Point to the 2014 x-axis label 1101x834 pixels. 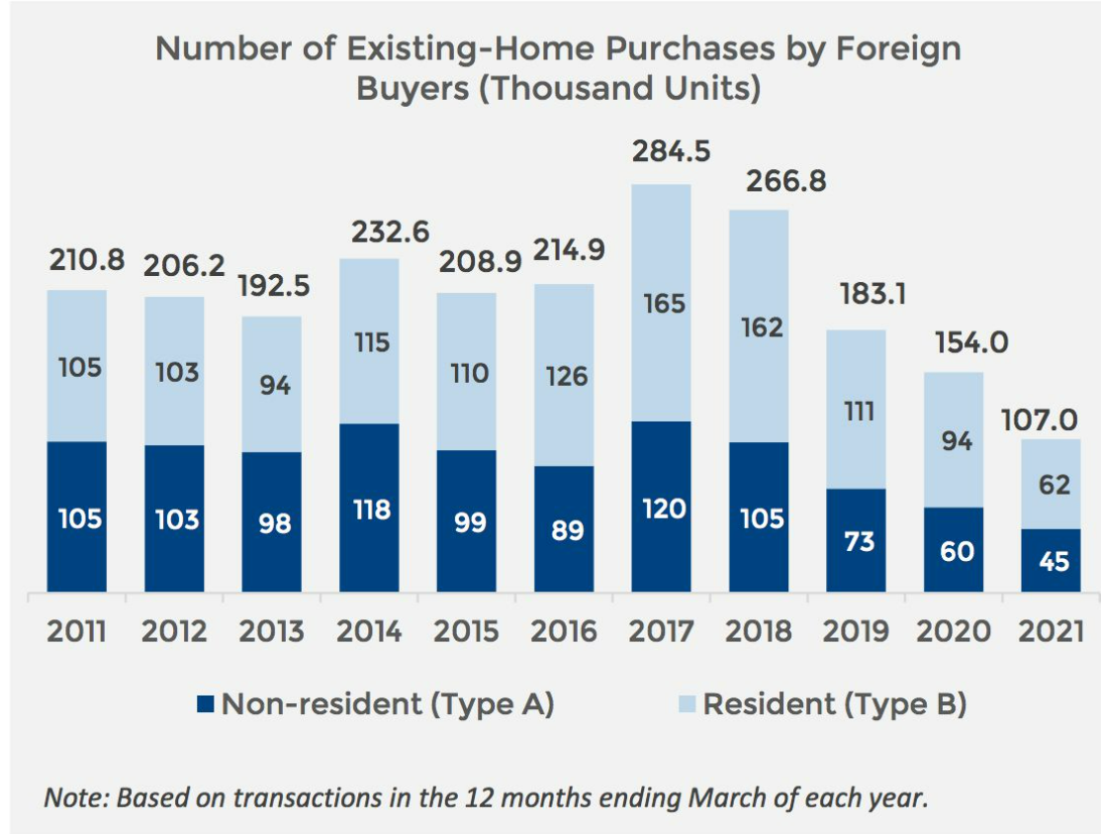tap(369, 631)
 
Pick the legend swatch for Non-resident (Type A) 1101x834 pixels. tap(205, 704)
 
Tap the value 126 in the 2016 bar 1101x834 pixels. tap(564, 376)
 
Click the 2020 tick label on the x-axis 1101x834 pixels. tap(953, 631)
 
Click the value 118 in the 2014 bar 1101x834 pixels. tap(369, 510)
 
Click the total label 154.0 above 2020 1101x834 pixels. tap(953, 342)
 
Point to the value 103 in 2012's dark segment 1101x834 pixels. tap(174, 519)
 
